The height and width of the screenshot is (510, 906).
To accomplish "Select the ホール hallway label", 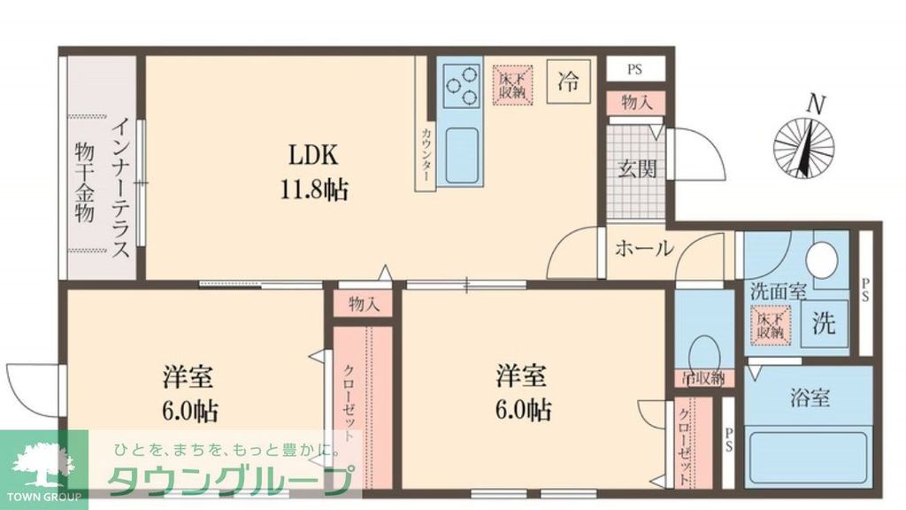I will (x=643, y=249).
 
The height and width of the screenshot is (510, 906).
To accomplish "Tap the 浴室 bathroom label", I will (x=809, y=398).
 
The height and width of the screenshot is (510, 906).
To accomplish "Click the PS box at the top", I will (x=635, y=69).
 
